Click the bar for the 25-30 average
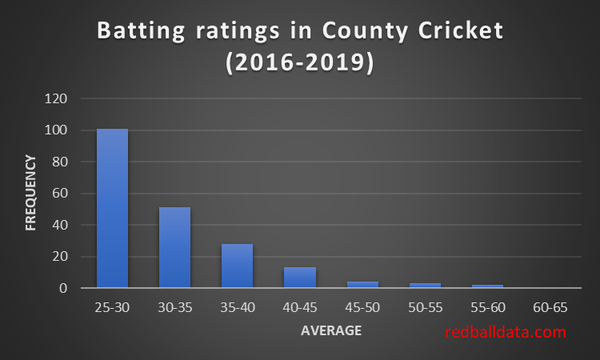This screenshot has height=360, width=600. click(112, 208)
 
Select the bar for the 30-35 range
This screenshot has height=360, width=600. click(174, 247)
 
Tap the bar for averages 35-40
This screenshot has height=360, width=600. click(237, 266)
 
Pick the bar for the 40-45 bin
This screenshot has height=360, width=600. click(299, 277)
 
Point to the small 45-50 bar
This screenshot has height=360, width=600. click(362, 284)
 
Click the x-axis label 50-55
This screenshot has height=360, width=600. click(425, 307)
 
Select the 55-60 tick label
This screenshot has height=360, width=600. click(487, 307)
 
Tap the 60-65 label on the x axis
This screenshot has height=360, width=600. click(550, 307)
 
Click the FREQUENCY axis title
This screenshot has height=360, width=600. click(31, 194)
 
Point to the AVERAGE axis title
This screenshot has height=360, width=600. click(331, 330)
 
